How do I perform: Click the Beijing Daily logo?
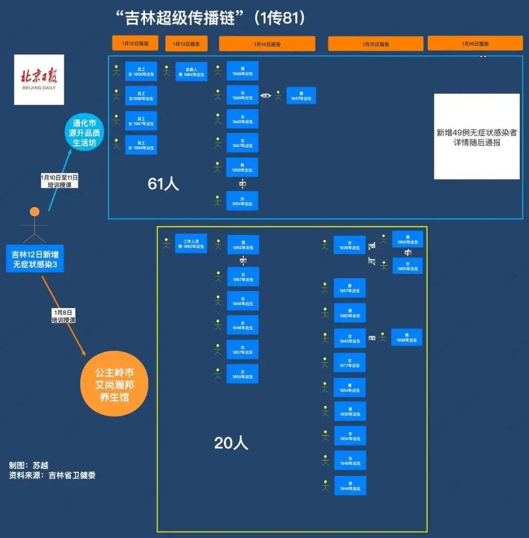39,79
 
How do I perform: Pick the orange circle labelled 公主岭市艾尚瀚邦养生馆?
114,384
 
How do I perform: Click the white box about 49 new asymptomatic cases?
477,136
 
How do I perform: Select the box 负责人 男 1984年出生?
191,71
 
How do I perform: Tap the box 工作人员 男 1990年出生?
191,243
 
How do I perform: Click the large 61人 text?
163,184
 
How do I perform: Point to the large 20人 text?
231,443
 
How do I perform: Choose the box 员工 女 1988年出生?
141,96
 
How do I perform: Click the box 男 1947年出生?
301,96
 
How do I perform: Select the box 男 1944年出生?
350,485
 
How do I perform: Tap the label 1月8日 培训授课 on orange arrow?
64,316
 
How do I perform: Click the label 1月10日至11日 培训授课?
59,181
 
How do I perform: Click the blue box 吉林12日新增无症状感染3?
35,258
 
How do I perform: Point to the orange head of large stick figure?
34,212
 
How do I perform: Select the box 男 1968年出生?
407,337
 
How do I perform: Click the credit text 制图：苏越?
29,465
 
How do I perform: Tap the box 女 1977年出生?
350,362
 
